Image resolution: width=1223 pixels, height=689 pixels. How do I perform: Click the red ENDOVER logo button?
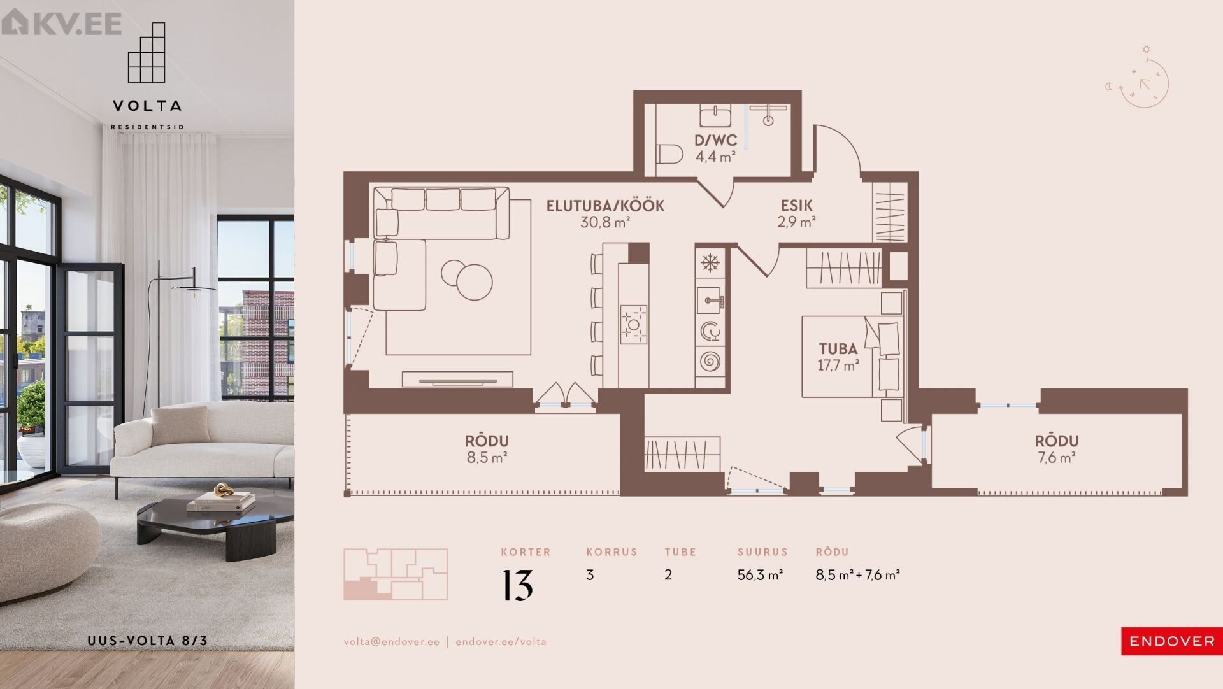coord(1172,641)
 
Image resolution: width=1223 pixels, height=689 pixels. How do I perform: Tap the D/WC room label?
coord(716,140)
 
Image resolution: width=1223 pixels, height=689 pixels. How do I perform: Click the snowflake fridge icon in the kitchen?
coord(709,262)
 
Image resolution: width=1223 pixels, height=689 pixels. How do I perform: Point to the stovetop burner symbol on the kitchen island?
coord(633,325)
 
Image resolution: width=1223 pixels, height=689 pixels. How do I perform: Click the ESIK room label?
coord(797,206)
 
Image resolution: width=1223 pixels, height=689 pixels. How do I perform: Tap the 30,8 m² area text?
coord(605,222)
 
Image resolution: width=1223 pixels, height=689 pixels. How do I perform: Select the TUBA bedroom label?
coord(838,348)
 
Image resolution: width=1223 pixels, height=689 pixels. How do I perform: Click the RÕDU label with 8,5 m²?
coord(487,441)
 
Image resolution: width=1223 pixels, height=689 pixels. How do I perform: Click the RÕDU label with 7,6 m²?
coord(1057,441)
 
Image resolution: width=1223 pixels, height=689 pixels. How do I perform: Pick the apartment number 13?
coord(517,585)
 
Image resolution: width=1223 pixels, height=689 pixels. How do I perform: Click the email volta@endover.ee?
coord(392,642)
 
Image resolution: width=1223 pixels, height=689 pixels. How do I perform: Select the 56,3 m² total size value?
coord(760,575)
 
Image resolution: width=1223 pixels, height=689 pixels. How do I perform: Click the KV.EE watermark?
coord(62,24)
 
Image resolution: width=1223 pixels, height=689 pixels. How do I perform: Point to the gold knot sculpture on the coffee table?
coord(223,491)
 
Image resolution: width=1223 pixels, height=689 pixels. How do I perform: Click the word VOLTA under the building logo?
coord(147,106)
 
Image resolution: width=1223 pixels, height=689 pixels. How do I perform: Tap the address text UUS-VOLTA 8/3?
coord(147,641)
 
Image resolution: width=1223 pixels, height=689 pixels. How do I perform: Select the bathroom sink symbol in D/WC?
coord(716,117)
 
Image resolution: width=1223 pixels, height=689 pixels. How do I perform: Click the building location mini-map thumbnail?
coord(396,574)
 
